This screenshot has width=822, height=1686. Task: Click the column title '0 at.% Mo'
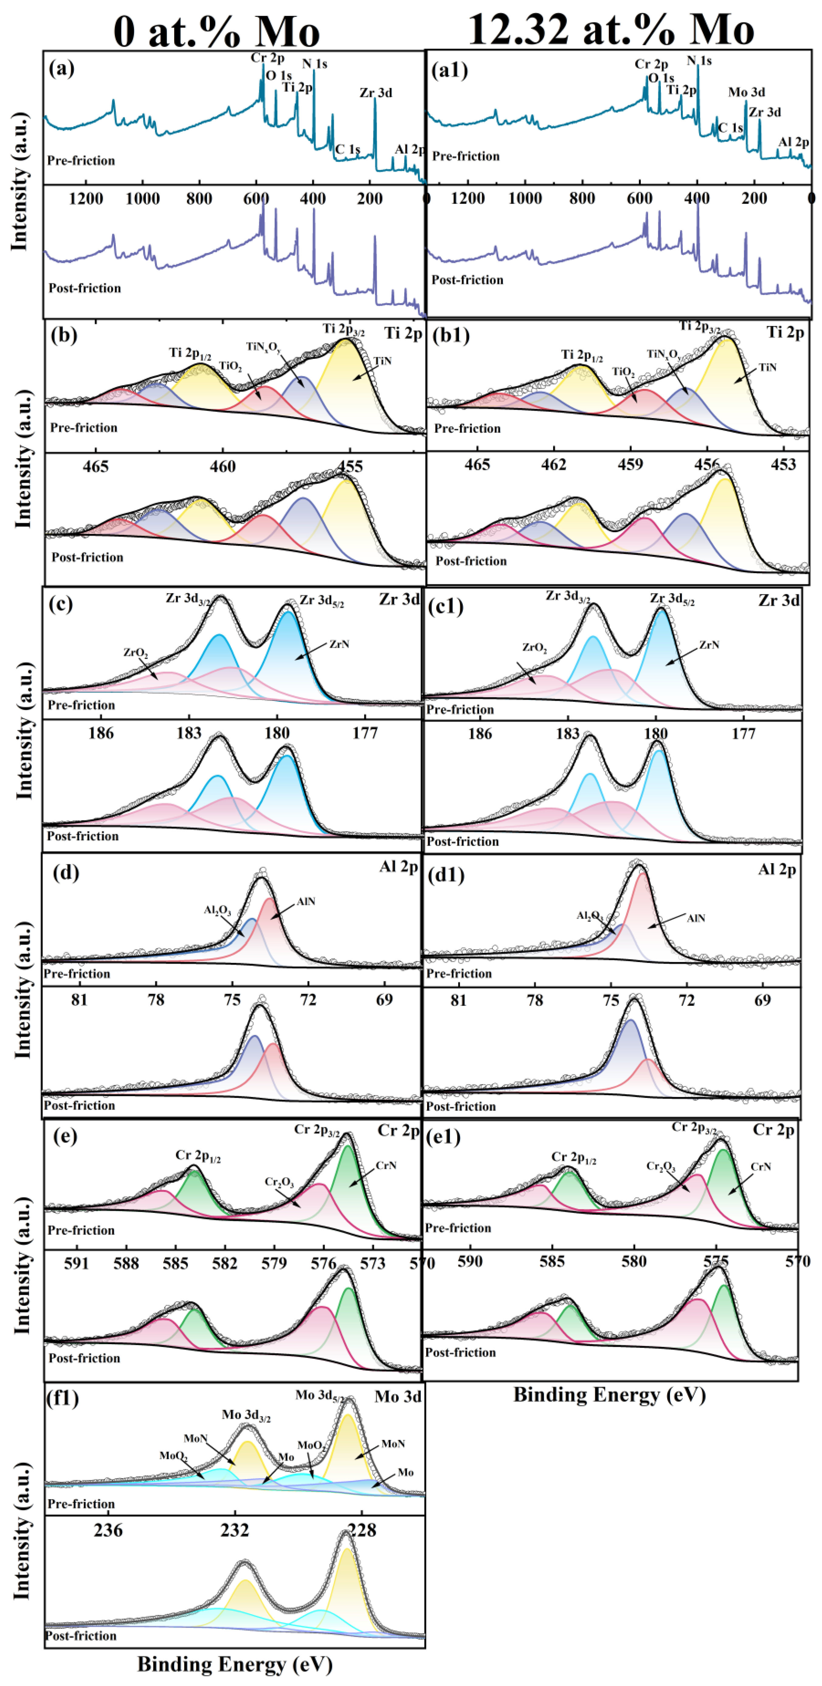click(x=216, y=31)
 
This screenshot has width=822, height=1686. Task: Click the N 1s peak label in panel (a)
click(x=314, y=64)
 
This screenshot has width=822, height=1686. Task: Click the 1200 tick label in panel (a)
click(x=86, y=198)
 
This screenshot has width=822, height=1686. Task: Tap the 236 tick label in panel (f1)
click(x=108, y=1530)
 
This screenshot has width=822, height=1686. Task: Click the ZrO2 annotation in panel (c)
click(x=136, y=652)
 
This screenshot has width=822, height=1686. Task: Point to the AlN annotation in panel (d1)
click(x=696, y=918)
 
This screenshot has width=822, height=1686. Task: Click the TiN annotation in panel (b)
click(x=382, y=361)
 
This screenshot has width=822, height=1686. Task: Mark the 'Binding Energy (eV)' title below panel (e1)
click(x=609, y=1395)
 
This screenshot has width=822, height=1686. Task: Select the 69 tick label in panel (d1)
click(x=762, y=1000)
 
